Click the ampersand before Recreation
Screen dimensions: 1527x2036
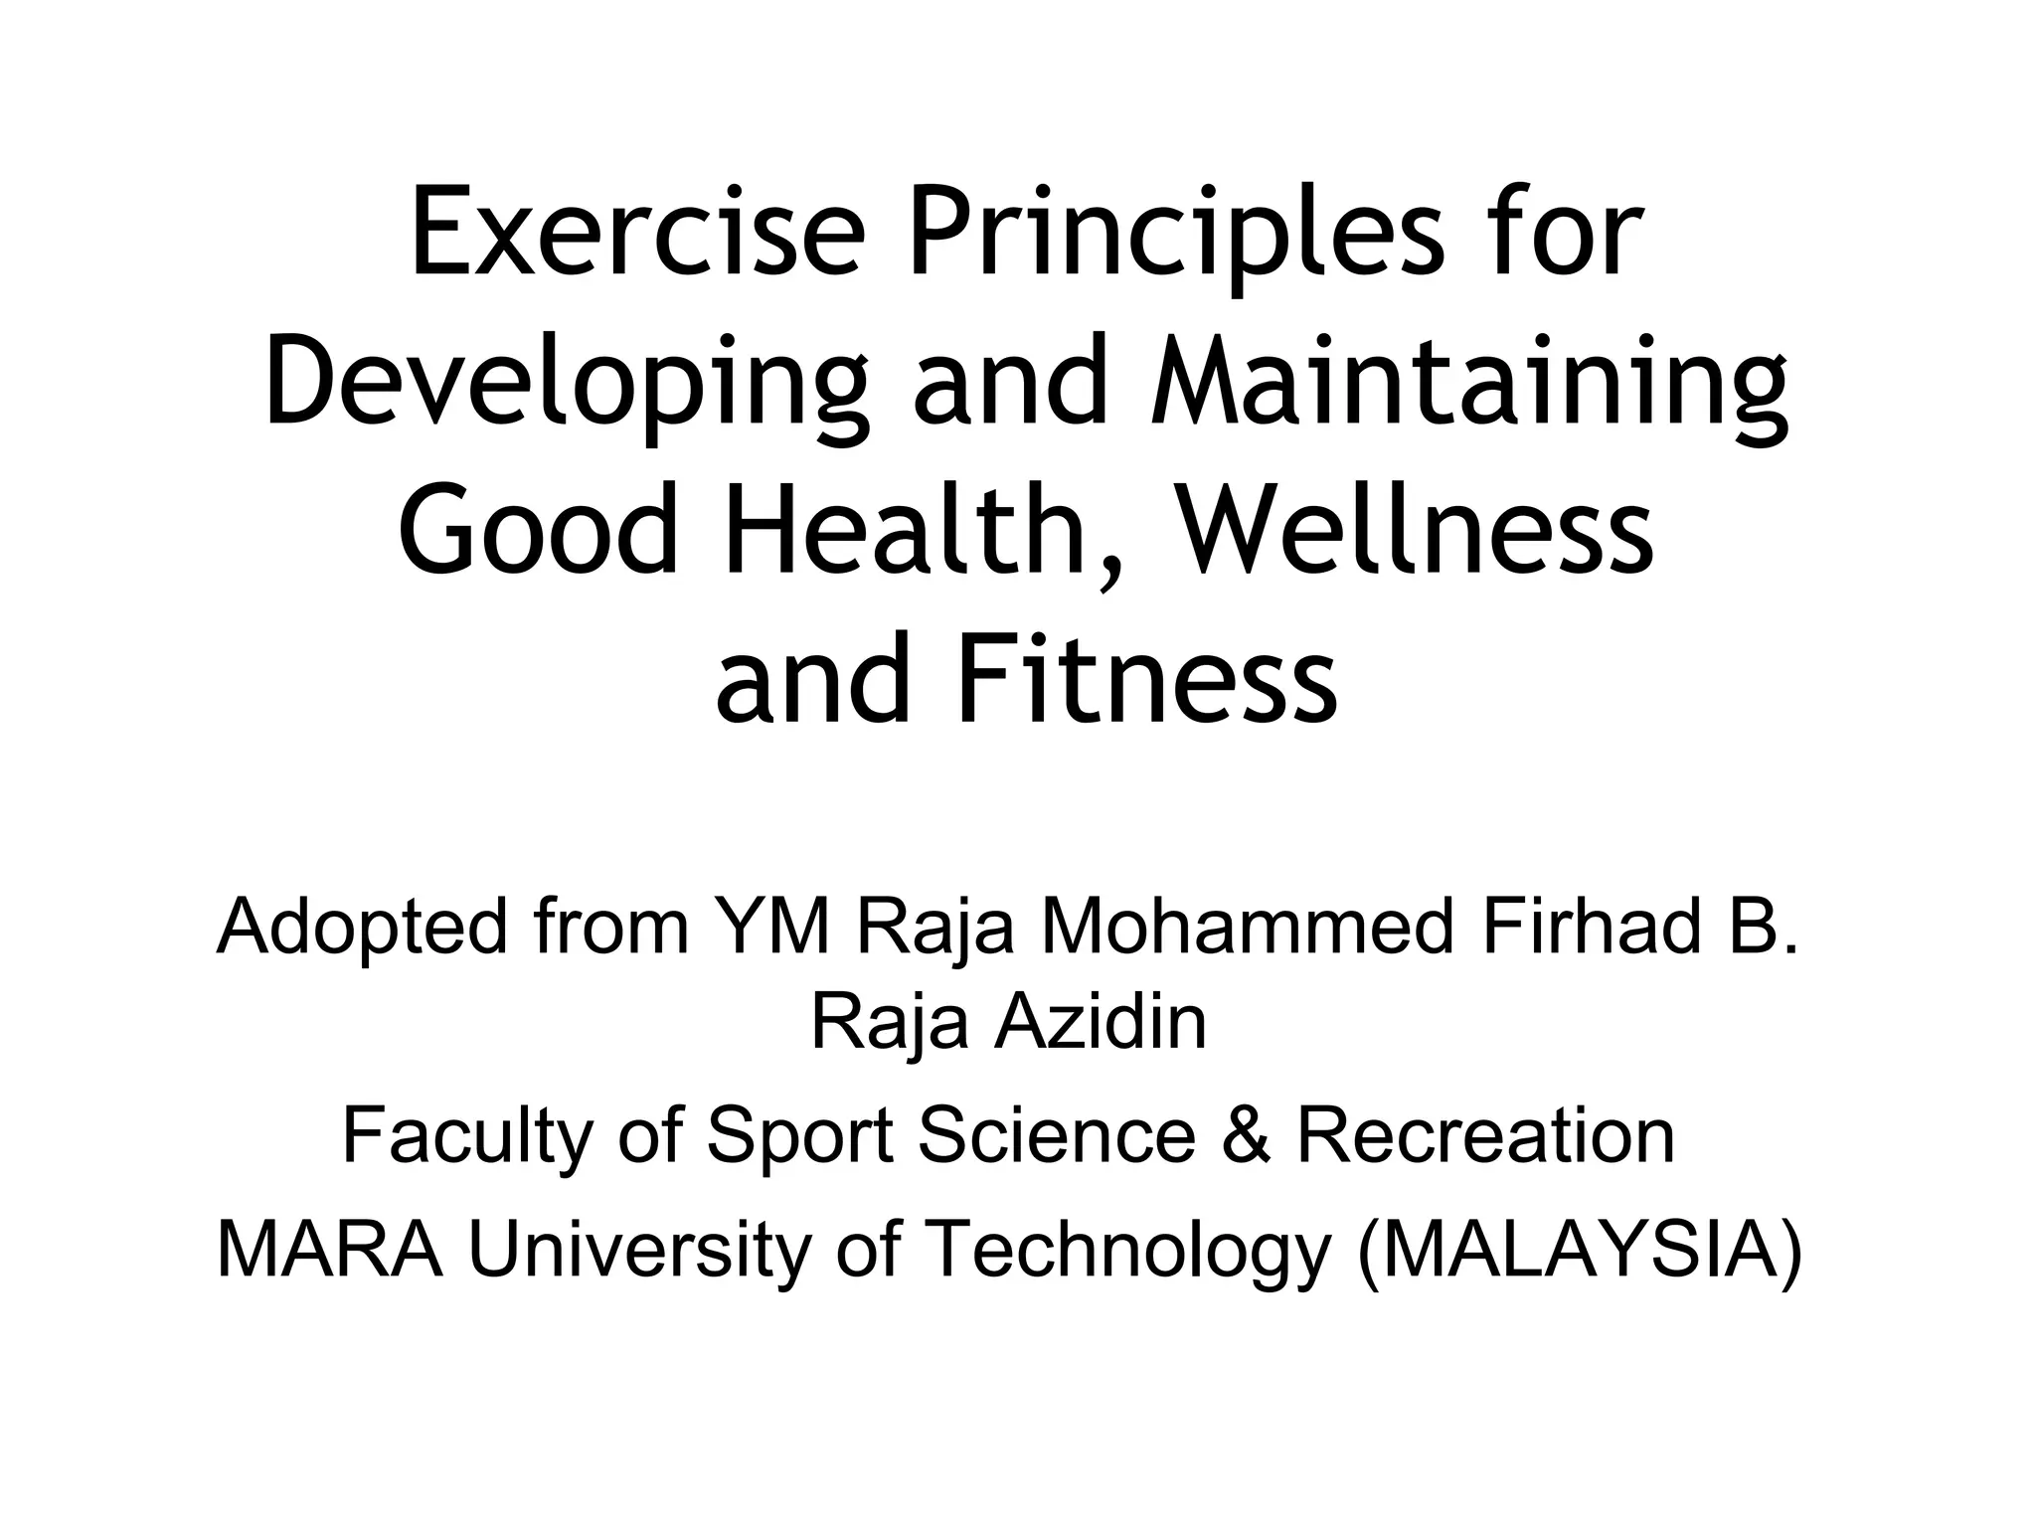pos(1247,1135)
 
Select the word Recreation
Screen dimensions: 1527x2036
pos(1486,1135)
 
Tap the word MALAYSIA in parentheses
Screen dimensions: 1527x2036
pos(1580,1251)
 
